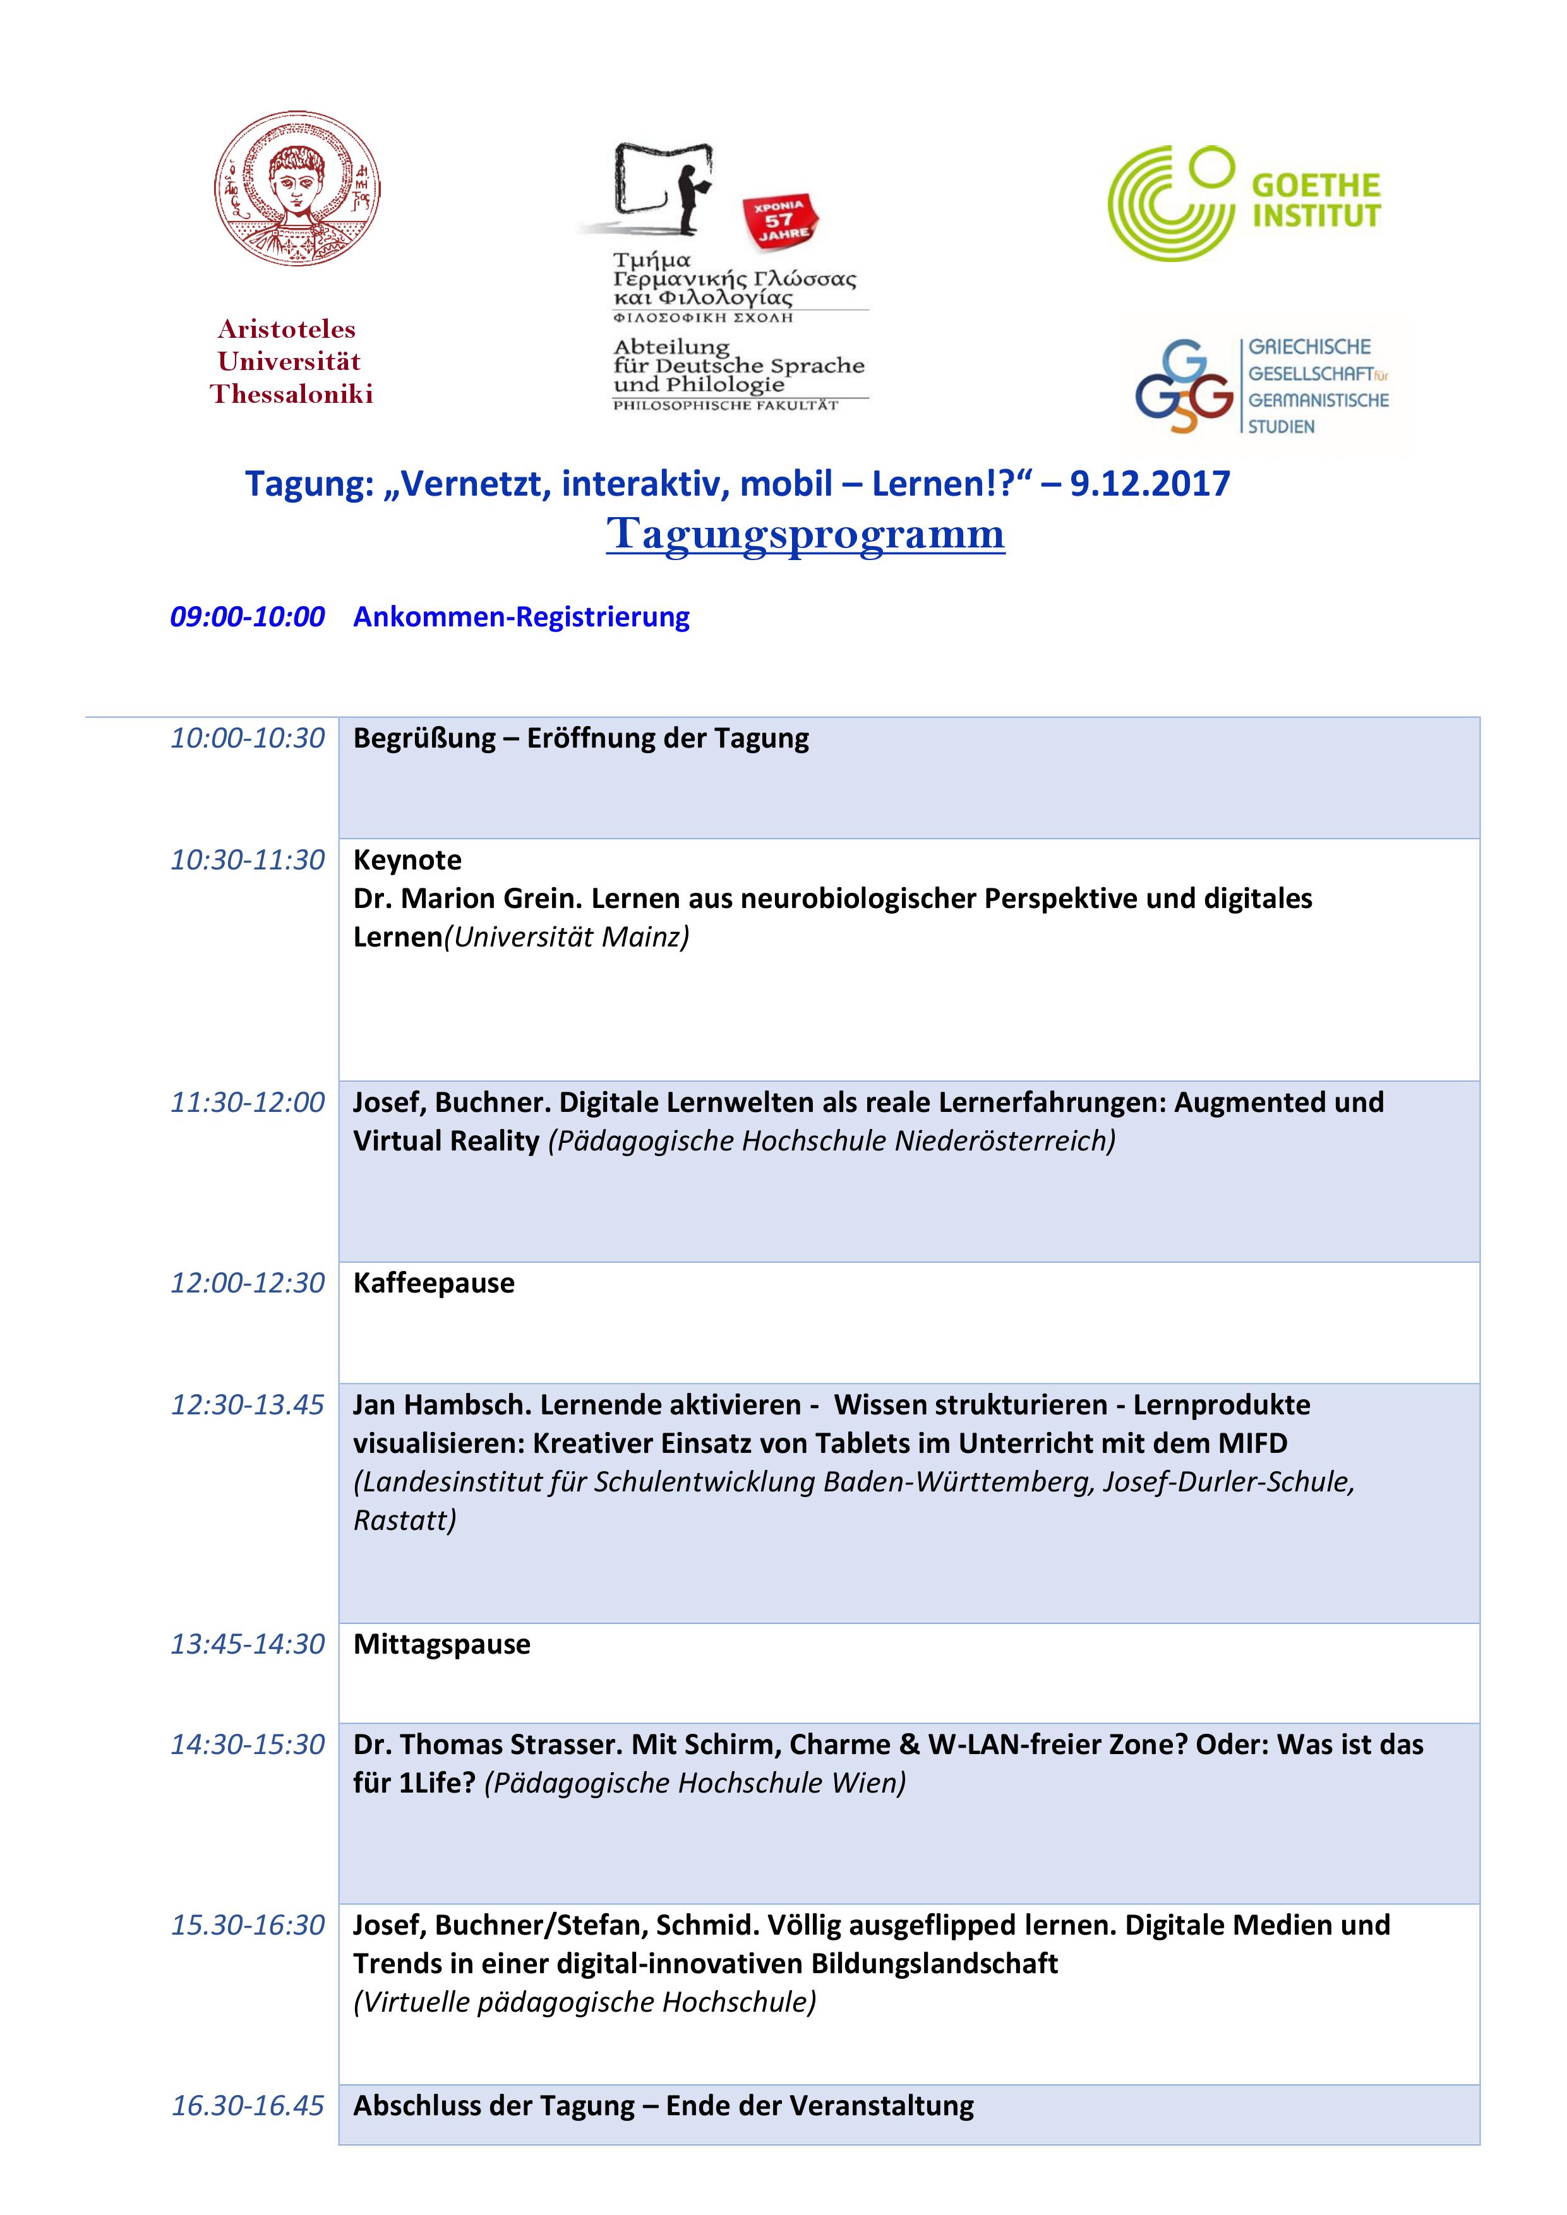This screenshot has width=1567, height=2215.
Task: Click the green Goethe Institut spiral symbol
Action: (x=1170, y=203)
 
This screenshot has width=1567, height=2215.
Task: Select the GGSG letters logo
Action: (x=1184, y=388)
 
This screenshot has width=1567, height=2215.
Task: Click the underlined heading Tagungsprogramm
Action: (x=806, y=534)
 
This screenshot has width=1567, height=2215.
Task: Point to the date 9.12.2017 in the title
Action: (x=1150, y=483)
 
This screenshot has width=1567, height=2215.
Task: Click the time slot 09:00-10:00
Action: (x=247, y=616)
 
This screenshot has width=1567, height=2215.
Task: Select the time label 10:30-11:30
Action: (x=247, y=859)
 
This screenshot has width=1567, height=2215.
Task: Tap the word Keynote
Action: (x=407, y=859)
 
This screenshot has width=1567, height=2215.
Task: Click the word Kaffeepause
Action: (x=433, y=1282)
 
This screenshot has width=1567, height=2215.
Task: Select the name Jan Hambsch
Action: (x=442, y=1405)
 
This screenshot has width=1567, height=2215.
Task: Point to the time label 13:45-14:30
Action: (x=247, y=1644)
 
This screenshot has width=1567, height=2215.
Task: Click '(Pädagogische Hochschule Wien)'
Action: (x=695, y=1783)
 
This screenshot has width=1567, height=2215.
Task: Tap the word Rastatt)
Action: (x=404, y=1520)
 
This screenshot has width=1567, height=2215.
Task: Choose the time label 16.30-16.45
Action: (x=247, y=2105)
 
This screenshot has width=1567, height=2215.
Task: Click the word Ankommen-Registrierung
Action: (x=521, y=616)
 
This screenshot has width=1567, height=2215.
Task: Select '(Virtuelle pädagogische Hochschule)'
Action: (x=585, y=2002)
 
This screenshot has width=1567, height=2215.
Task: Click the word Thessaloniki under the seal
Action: (x=291, y=393)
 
